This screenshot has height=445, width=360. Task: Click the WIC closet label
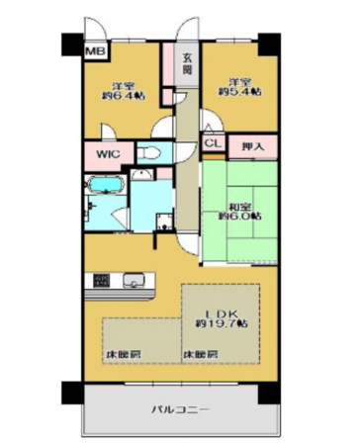pos(108,154)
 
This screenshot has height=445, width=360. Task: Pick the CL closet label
pos(213,144)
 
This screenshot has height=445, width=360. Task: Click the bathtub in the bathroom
pos(103,184)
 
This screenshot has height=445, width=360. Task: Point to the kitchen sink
pos(133,282)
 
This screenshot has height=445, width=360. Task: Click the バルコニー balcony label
pos(178,406)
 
